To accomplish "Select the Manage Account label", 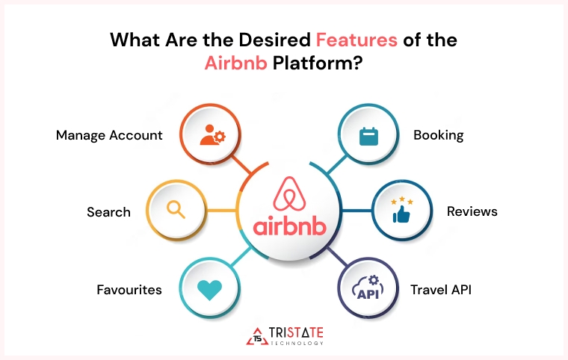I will pyautogui.click(x=109, y=135).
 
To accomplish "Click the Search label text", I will pyautogui.click(x=108, y=212).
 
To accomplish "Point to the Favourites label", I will pyautogui.click(x=129, y=289).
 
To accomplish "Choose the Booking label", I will pyautogui.click(x=439, y=135).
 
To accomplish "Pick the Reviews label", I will pyautogui.click(x=472, y=212).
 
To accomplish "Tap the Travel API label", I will pyautogui.click(x=442, y=289).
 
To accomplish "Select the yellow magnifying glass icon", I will pyautogui.click(x=176, y=209).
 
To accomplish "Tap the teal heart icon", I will pyautogui.click(x=209, y=289).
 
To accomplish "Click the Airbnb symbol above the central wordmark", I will pyautogui.click(x=287, y=192).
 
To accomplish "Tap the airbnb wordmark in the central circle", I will pyautogui.click(x=288, y=226).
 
